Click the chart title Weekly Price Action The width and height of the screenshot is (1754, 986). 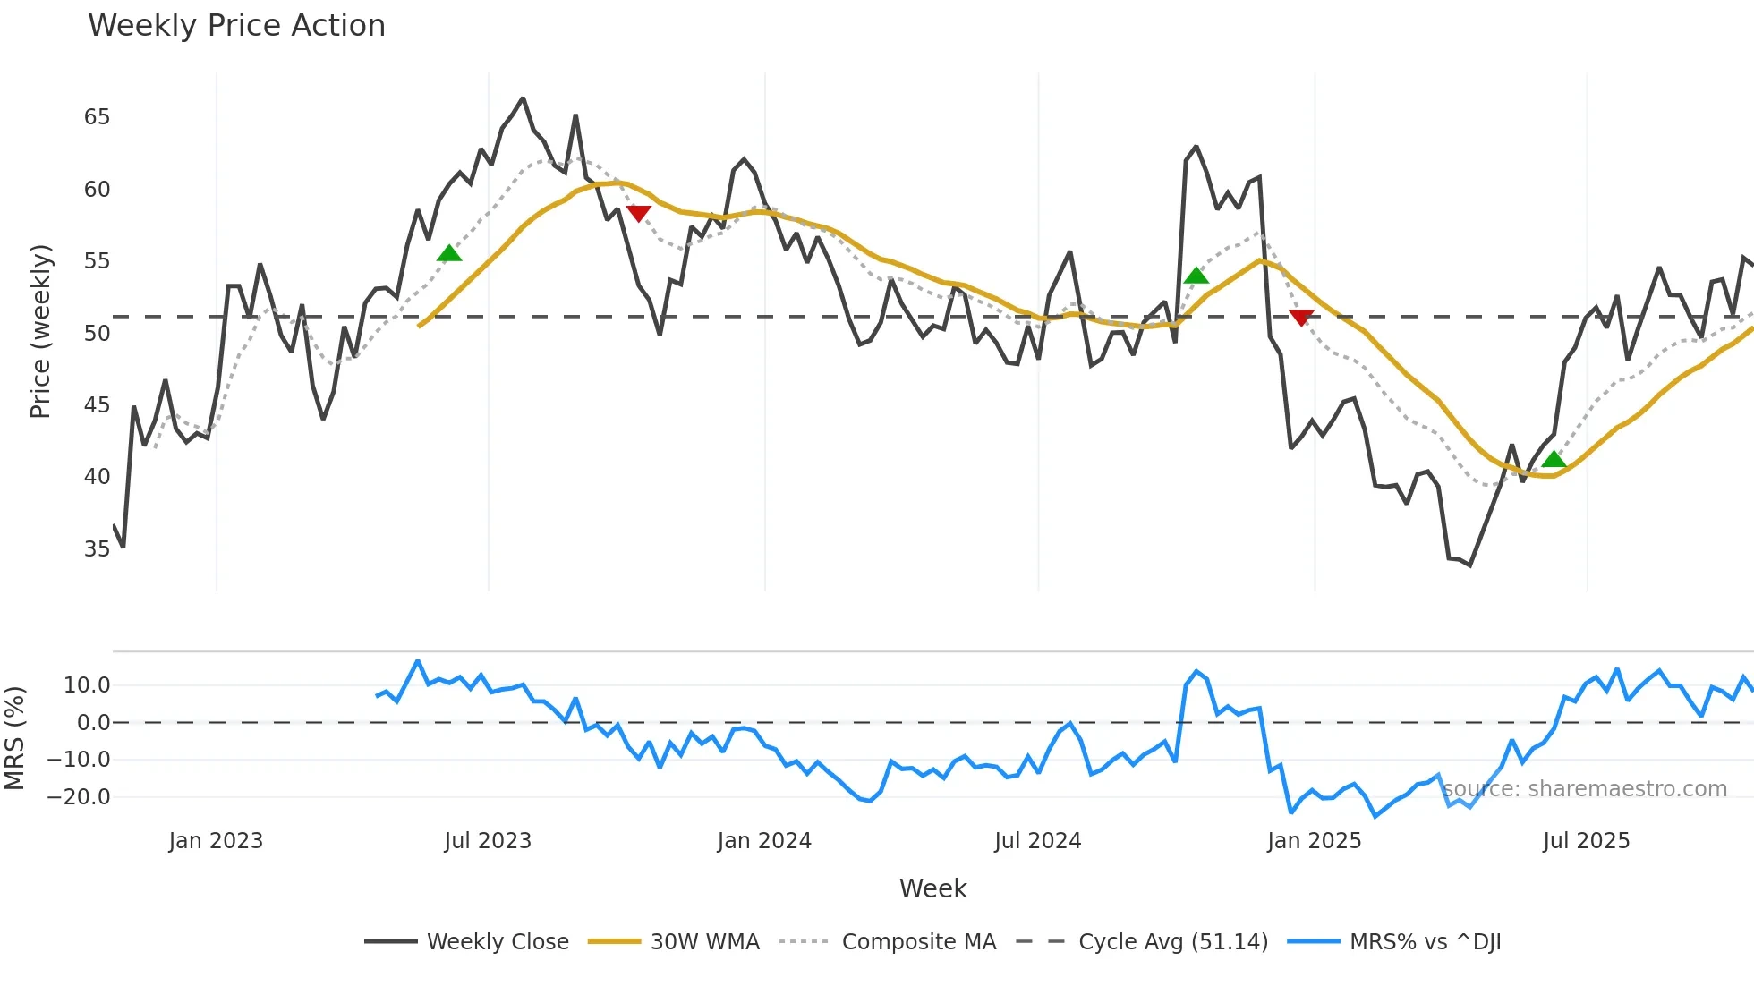pos(236,26)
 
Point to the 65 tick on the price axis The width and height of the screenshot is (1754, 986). pos(97,117)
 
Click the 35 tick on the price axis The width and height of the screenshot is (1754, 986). pos(97,549)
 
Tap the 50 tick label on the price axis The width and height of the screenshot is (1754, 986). pos(97,334)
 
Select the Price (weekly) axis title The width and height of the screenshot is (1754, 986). pos(41,332)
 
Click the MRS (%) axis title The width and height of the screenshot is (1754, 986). pos(14,738)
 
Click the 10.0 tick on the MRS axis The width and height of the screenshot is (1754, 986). pos(87,686)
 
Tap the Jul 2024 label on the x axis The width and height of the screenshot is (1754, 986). pos(1037,841)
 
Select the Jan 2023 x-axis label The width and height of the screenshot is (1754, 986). pos(216,841)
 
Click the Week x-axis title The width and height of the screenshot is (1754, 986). pos(932,888)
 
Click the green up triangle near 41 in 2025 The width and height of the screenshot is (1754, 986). pos(1554,460)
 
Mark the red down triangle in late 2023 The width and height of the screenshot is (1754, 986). pos(638,213)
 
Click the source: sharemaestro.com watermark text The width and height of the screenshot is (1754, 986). pos(1584,789)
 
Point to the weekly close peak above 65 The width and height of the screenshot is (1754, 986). pos(523,98)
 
